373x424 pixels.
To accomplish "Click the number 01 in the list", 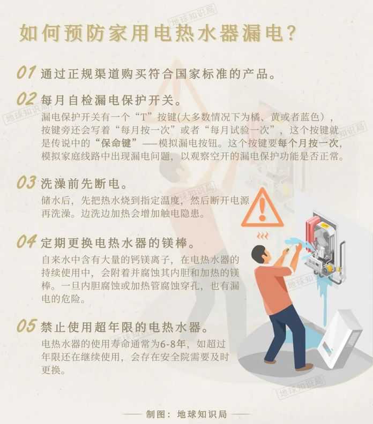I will [26, 73].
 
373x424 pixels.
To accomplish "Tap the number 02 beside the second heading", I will [26, 99].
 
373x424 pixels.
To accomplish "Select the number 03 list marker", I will [26, 183].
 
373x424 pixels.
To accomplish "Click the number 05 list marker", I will [26, 325].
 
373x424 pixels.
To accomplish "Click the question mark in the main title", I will [289, 33].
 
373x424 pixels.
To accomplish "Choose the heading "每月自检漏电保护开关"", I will [110, 100].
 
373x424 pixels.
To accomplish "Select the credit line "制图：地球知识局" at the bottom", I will [186, 414].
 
